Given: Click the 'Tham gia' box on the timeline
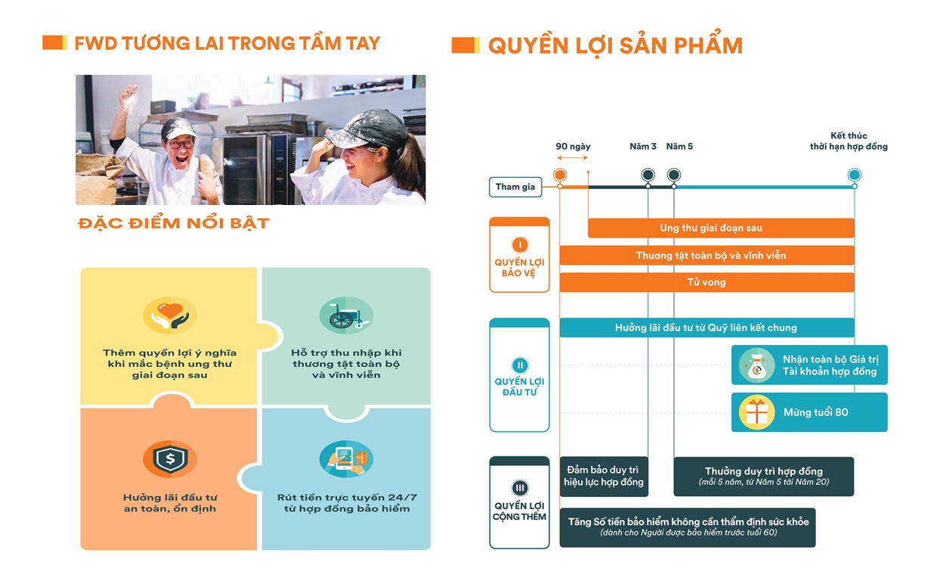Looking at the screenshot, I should [515, 187].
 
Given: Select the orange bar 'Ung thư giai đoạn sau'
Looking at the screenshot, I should [721, 228].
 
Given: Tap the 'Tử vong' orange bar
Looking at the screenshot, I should [706, 282].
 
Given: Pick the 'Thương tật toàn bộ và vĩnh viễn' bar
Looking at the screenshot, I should [706, 256].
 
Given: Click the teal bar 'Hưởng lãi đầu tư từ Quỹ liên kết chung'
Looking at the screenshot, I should [706, 328].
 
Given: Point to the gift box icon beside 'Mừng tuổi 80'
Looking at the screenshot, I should [756, 412].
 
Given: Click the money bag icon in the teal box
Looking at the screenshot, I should [756, 365].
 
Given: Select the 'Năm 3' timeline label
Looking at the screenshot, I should [643, 146].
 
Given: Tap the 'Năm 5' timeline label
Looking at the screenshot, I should [679, 146].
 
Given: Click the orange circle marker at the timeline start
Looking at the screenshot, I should [560, 176].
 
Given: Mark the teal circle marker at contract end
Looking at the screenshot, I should [854, 176].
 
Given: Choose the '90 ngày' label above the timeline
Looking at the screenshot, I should [573, 146].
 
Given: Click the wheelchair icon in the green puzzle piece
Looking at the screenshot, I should [346, 315].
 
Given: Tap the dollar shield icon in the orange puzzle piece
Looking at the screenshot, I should [170, 458].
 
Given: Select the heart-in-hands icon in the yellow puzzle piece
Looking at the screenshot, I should [170, 315].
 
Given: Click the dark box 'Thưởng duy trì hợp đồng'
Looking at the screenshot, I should [763, 477].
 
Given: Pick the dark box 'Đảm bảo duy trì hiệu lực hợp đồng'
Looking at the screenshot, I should [604, 477].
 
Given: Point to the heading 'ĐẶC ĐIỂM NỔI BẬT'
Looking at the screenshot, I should [173, 224].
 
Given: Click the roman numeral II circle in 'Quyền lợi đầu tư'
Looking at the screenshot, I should [520, 365].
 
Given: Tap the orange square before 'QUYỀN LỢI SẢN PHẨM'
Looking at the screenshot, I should [465, 45].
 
